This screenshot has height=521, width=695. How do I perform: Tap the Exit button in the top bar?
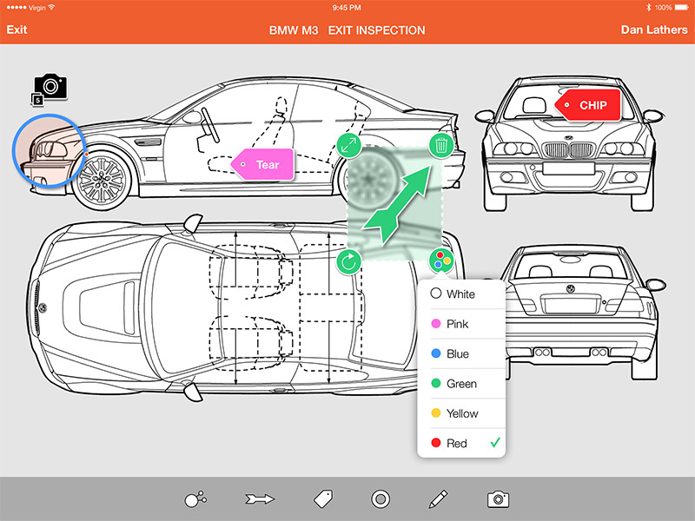tap(17, 30)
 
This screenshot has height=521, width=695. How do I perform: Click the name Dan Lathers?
tap(654, 30)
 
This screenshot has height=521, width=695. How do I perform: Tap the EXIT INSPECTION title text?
tap(376, 30)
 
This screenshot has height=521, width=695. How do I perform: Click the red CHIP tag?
tap(592, 105)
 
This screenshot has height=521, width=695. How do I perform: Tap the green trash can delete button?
tap(441, 145)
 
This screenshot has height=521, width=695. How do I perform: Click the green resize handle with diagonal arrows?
tap(348, 145)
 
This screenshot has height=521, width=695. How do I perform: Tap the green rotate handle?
tap(348, 260)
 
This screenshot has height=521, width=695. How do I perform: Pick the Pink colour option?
tap(457, 324)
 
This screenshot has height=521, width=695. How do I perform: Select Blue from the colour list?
tap(457, 354)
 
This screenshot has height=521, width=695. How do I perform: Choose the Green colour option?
tap(460, 384)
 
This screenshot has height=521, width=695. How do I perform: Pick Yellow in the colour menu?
tap(462, 413)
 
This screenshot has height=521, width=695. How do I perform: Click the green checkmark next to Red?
tap(495, 443)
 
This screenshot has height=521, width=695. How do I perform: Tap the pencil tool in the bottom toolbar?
tap(438, 498)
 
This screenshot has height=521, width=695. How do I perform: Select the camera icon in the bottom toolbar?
tap(497, 498)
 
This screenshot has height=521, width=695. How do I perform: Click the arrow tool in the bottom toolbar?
tap(260, 498)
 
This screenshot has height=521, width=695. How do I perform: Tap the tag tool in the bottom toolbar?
tap(323, 498)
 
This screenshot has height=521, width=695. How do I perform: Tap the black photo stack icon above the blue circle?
tap(50, 87)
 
